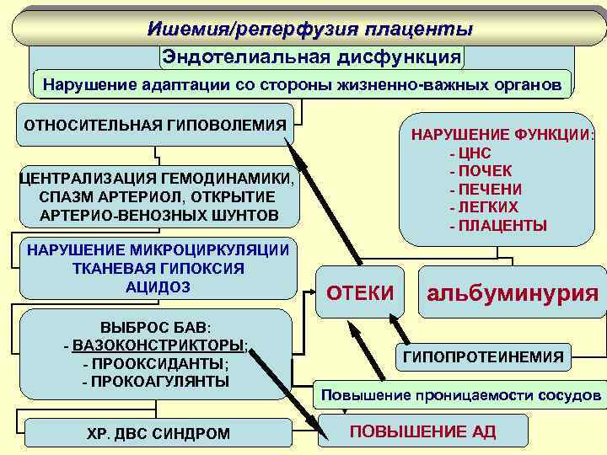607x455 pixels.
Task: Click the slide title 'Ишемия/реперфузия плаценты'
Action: point(309,29)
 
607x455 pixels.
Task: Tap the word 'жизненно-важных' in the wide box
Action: point(379,85)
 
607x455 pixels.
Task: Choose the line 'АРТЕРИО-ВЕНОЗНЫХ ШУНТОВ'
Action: point(158,216)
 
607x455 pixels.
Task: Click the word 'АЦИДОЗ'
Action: point(158,287)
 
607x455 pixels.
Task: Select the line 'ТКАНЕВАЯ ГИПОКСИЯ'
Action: point(158,268)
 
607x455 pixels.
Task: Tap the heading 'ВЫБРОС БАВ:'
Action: point(157,326)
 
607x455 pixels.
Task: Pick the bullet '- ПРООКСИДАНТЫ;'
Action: point(156,363)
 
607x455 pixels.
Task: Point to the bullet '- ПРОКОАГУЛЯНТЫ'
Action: point(156,382)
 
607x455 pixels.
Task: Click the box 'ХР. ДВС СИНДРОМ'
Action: point(158,434)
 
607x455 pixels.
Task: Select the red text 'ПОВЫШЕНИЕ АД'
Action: point(422,432)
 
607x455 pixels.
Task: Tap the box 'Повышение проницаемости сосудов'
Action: point(460,395)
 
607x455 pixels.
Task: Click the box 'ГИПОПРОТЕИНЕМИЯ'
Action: point(484,357)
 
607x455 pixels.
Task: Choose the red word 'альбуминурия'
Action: point(513,293)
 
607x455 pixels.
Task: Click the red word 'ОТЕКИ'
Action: point(360,292)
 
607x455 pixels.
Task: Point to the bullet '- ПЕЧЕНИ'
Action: point(486,189)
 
